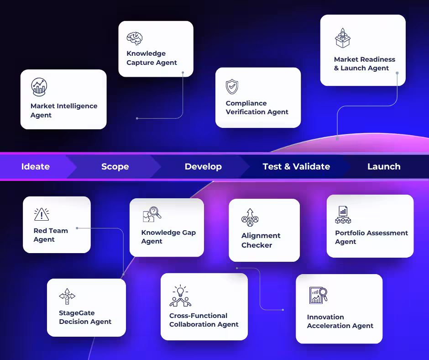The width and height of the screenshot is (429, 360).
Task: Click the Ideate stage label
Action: point(36,167)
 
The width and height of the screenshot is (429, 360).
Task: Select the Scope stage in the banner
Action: point(115,167)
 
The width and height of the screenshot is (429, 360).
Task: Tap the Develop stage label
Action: point(203,167)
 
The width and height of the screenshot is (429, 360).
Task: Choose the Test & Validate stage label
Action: point(296,167)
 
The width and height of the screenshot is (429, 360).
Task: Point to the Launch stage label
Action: point(384,167)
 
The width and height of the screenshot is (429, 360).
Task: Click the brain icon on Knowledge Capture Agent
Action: point(135,38)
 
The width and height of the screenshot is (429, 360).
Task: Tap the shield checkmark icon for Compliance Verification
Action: point(232,87)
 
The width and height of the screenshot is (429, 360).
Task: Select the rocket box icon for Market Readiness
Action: point(342,38)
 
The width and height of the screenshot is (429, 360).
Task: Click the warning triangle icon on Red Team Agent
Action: point(42,214)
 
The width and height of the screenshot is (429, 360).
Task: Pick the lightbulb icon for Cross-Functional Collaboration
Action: point(180,296)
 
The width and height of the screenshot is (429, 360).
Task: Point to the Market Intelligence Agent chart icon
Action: point(39,86)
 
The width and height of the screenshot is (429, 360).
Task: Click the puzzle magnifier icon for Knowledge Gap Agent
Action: point(152,214)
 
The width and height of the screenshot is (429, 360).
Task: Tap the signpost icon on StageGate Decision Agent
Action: point(67,297)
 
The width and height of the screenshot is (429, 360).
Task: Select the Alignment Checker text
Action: point(261,240)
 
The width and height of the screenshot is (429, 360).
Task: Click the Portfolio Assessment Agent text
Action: point(371,237)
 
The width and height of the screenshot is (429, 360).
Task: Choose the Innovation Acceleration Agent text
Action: point(340,321)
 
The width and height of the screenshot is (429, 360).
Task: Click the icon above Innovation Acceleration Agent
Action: point(318,296)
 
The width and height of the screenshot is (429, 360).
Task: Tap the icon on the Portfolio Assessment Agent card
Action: point(343,215)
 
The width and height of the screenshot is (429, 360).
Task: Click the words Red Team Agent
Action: point(51,235)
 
